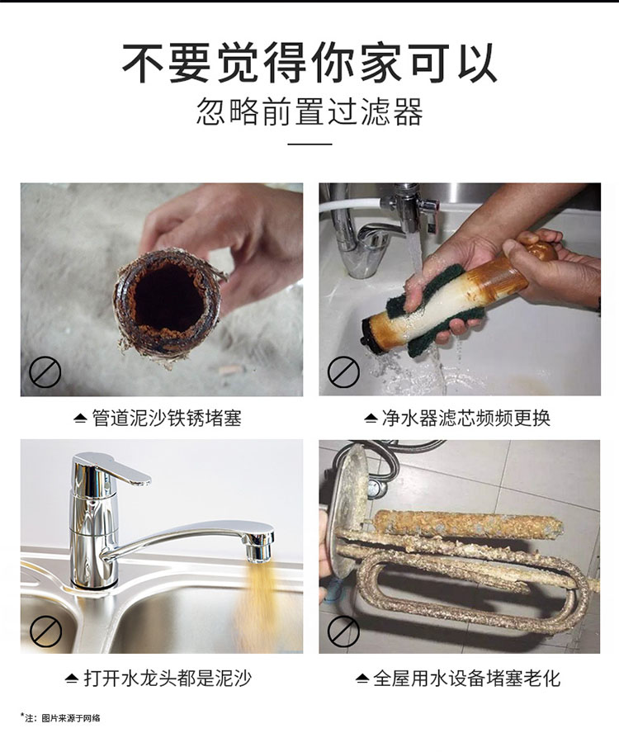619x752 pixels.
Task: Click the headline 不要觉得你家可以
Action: point(309,63)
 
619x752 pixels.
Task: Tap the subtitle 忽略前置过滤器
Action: point(309,111)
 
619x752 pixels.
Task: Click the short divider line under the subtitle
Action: point(309,144)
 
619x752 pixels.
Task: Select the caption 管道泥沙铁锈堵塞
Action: point(167,418)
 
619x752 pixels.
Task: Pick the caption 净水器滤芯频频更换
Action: point(465,418)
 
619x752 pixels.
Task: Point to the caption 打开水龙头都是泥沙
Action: point(168,679)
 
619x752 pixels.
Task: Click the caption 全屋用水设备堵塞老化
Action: point(466,679)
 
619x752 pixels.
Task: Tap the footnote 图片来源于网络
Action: point(71,718)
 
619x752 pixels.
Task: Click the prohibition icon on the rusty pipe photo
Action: point(45,371)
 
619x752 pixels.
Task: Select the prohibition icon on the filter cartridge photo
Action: point(344,371)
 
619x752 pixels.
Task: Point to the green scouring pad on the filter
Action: point(446,307)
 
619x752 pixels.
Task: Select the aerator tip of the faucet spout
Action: point(259,547)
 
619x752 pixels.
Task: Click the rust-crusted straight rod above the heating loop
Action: point(470,525)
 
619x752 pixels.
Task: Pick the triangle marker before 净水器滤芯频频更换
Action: point(370,419)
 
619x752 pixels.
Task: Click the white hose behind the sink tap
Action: point(350,205)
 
